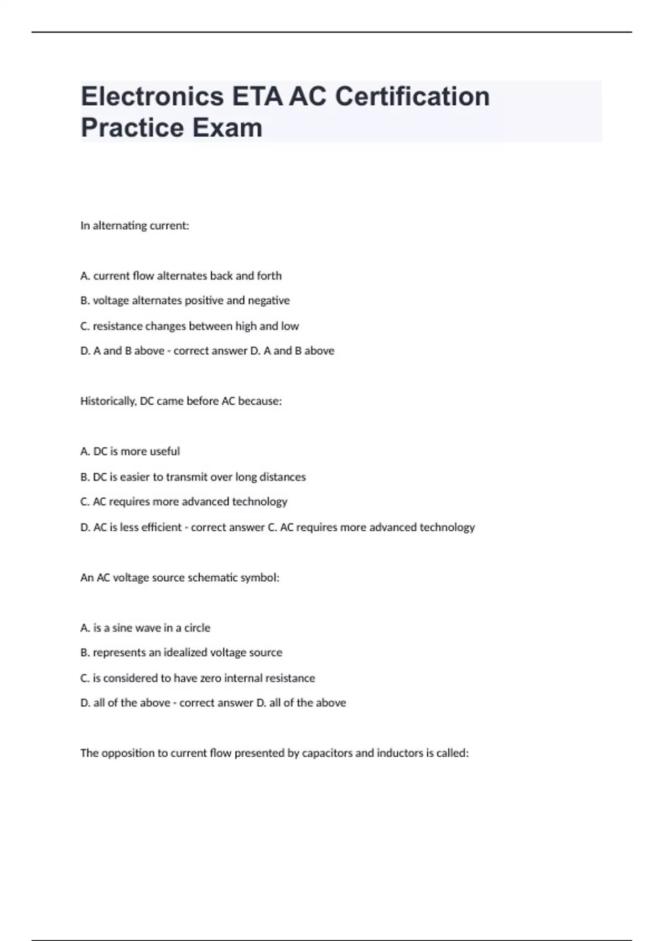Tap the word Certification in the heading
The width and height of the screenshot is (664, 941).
click(x=412, y=96)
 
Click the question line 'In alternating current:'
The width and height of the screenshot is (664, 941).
click(x=134, y=226)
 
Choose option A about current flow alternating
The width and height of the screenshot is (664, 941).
click(x=181, y=276)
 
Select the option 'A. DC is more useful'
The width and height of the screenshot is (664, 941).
click(x=130, y=452)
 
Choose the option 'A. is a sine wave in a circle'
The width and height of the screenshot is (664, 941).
click(x=145, y=628)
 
